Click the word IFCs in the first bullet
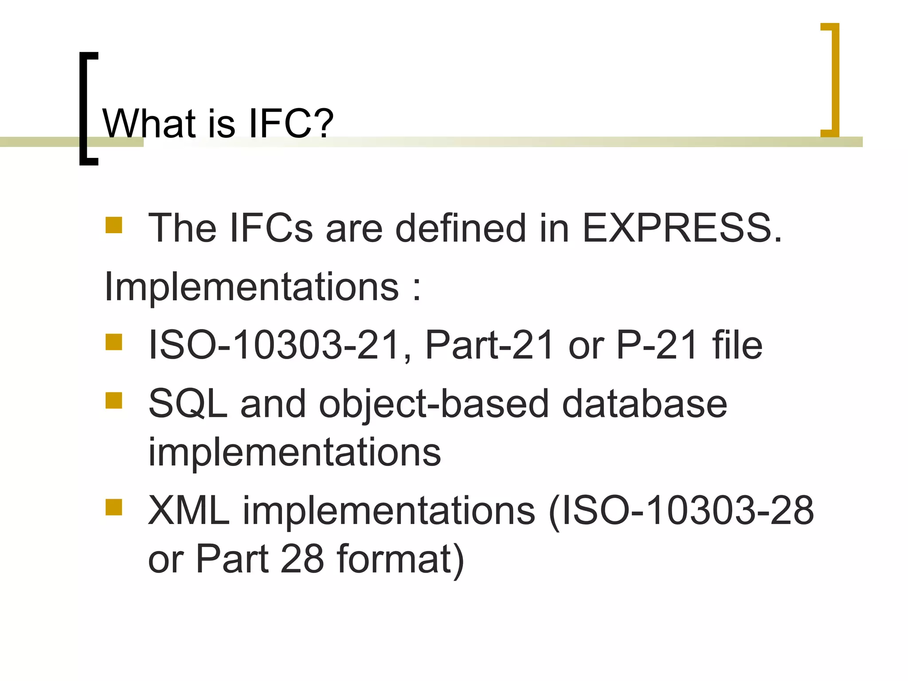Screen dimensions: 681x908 click(271, 228)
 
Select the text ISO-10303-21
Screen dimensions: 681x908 click(275, 345)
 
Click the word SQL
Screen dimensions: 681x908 click(188, 404)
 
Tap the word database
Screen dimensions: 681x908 click(645, 404)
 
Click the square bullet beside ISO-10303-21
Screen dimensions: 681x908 click(114, 342)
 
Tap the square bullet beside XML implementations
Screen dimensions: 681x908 click(114, 508)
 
